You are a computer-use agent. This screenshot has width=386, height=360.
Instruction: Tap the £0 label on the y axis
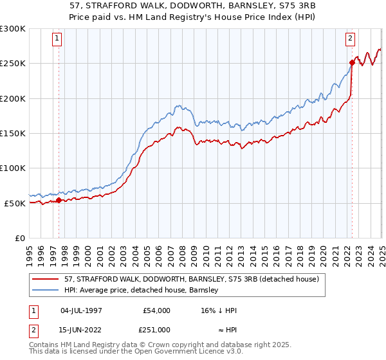[20, 238]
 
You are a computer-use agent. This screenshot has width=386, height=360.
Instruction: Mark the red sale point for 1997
[59, 200]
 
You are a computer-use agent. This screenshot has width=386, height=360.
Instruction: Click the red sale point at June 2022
[352, 62]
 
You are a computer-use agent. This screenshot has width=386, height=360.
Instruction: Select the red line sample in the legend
[46, 280]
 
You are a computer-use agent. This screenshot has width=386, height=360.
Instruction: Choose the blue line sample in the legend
[46, 291]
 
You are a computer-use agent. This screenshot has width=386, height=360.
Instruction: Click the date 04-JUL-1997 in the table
[80, 310]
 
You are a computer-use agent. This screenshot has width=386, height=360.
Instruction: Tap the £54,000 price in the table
[156, 310]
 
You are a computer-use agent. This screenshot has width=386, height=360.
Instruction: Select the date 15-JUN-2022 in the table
[80, 329]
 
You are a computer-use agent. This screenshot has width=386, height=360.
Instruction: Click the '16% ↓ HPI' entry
[221, 310]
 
